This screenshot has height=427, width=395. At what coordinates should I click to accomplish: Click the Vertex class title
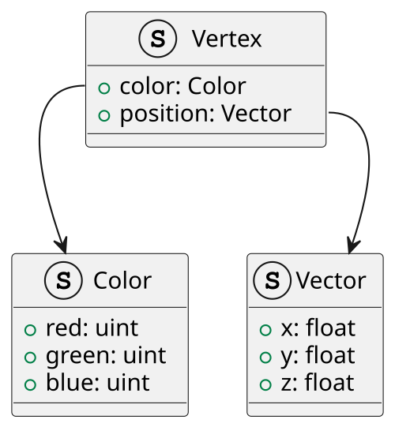point(227,39)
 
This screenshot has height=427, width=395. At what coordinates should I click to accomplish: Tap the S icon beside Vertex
point(158,39)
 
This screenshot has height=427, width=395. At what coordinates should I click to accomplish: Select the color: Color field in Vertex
point(183,86)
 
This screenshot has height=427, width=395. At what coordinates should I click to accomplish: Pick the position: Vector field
point(205,114)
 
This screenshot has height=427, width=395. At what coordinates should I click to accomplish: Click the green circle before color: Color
point(104,88)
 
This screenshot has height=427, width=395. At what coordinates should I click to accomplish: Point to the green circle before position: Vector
point(104,115)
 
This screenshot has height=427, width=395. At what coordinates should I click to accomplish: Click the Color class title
point(122,280)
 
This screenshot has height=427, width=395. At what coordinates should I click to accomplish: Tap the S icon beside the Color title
point(63,280)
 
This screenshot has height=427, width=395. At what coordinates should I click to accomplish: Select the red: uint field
point(92,328)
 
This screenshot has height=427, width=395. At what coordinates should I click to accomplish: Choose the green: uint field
point(106,356)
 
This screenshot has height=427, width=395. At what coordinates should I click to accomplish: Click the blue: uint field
point(98,382)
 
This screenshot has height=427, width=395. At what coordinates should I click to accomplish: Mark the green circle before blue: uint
point(30,385)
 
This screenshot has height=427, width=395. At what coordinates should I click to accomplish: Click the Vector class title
point(331,280)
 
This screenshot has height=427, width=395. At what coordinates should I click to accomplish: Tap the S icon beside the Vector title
point(272,280)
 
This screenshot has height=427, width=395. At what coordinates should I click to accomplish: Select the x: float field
point(318,328)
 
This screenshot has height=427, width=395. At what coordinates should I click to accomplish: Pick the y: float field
point(318,356)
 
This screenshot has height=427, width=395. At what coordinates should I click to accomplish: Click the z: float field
point(318,382)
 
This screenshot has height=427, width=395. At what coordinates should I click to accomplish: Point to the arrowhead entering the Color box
point(62,246)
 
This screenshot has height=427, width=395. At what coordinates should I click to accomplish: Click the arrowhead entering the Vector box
point(353,246)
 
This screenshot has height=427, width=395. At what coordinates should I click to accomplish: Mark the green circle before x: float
point(265,330)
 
